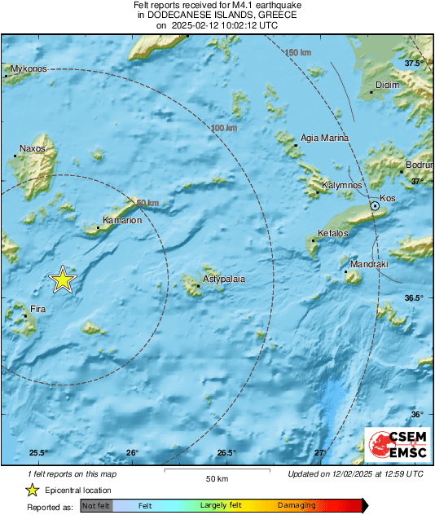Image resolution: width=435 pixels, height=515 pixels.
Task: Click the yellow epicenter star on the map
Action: (63, 280)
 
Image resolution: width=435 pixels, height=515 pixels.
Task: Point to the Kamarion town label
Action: (122, 220)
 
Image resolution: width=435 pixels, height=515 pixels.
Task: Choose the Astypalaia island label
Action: (223, 279)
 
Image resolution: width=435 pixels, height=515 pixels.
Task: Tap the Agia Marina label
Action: (325, 139)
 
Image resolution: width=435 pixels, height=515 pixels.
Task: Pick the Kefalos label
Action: (332, 234)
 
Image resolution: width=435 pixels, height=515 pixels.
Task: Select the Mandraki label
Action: (369, 266)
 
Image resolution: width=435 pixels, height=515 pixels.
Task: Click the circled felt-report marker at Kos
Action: (375, 207)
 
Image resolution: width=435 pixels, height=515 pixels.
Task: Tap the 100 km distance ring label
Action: (224, 129)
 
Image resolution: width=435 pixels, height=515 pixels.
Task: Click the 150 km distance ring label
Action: (298, 53)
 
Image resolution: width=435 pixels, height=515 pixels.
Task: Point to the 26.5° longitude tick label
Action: (226, 453)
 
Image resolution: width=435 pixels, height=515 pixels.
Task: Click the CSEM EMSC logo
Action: (396, 444)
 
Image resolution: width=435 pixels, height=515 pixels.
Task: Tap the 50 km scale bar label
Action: (216, 478)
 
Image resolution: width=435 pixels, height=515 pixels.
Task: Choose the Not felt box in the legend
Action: (97, 506)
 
